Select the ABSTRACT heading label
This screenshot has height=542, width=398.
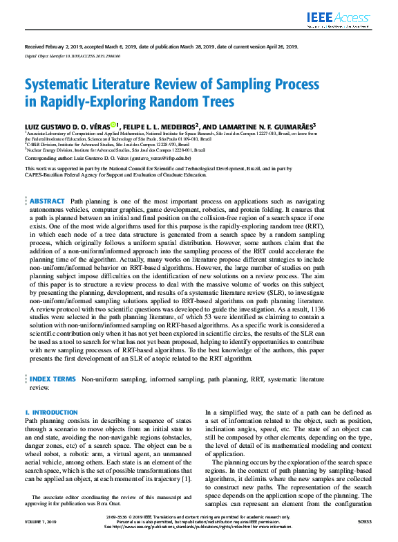click(x=47, y=181)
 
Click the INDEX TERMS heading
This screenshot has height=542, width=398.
click(x=53, y=380)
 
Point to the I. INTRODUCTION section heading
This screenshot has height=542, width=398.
click(x=51, y=412)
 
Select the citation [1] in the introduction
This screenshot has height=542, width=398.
click(x=186, y=479)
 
